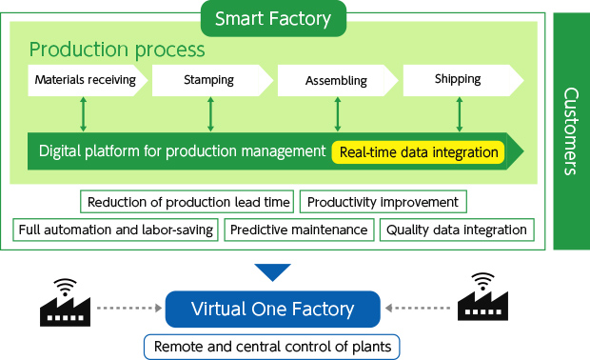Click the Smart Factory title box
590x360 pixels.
pyautogui.click(x=273, y=17)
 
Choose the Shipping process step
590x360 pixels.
pyautogui.click(x=459, y=80)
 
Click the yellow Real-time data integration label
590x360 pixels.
pyautogui.click(x=419, y=151)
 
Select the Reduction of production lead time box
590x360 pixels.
pyautogui.click(x=188, y=202)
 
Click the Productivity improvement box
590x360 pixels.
pyautogui.click(x=383, y=202)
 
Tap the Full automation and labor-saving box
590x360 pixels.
pyautogui.click(x=116, y=230)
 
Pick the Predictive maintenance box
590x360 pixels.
pyautogui.click(x=299, y=230)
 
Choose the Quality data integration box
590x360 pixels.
pyautogui.click(x=457, y=230)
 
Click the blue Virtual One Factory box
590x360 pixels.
pyautogui.click(x=273, y=309)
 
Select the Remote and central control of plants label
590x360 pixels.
pyautogui.click(x=273, y=347)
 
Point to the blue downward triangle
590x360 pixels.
pyautogui.click(x=273, y=272)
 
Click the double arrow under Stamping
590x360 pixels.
pyautogui.click(x=210, y=113)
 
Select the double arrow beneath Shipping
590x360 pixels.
pyautogui.click(x=460, y=113)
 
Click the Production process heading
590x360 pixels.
pyautogui.click(x=117, y=49)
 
